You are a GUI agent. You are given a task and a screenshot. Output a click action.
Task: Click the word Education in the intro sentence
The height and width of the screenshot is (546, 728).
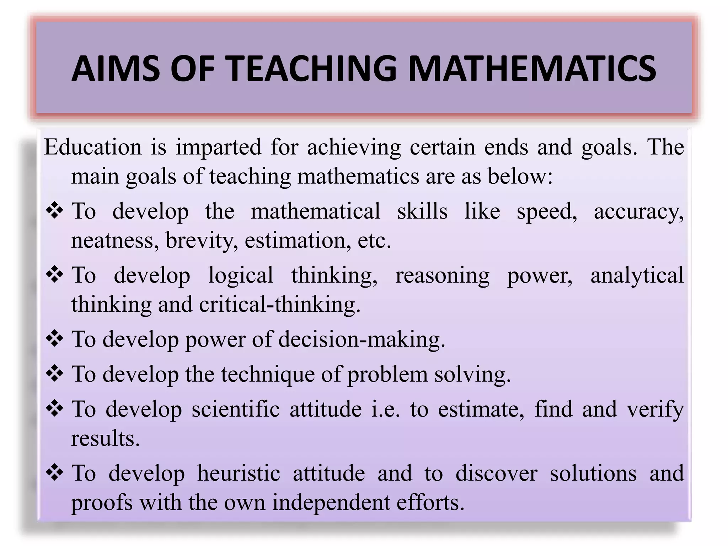tap(93, 147)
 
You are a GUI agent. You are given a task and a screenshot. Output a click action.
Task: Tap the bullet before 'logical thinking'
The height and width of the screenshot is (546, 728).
tap(55, 275)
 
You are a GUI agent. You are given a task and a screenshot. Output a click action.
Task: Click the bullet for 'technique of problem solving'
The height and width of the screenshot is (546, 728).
tap(55, 374)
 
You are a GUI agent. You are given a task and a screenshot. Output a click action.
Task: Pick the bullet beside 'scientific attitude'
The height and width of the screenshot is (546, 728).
tap(55, 408)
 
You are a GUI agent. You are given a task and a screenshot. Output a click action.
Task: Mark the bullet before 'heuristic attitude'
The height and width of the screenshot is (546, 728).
tap(55, 473)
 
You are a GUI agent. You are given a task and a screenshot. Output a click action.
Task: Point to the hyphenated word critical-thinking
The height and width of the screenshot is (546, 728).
tap(280, 305)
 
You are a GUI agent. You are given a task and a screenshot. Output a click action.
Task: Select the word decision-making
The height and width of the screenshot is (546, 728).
tap(362, 339)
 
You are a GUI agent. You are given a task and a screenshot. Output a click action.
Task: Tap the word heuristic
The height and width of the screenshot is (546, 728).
tap(239, 473)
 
